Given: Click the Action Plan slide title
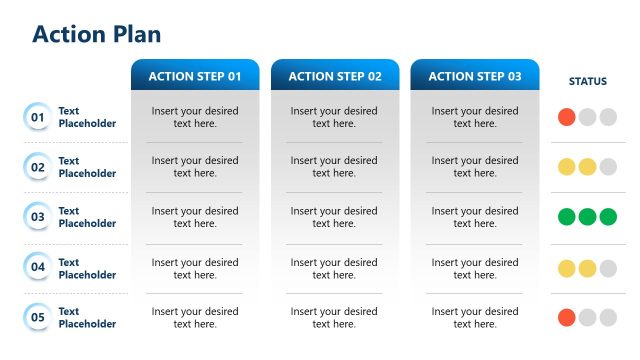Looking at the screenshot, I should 96,34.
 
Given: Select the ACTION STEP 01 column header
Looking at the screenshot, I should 195,76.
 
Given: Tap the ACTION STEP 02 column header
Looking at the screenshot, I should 335,76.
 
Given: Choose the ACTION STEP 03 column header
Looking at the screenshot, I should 475,76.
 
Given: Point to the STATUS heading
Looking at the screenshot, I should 587,81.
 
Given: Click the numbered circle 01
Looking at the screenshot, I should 38,117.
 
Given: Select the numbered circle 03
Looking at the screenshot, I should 38,217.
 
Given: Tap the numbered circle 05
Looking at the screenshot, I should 38,317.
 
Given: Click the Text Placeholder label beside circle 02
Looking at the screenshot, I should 87,167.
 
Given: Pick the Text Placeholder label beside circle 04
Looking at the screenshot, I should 87,268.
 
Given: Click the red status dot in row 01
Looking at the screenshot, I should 567,117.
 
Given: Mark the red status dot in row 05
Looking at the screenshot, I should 567,317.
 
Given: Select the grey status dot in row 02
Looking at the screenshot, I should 608,167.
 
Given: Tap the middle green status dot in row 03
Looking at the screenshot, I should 587,217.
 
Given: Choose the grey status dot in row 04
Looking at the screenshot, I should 608,268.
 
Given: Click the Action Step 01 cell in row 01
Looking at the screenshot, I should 195,117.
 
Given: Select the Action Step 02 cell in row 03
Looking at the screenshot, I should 335,217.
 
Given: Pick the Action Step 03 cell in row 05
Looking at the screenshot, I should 475,317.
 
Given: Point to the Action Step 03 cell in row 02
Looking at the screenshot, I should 475,167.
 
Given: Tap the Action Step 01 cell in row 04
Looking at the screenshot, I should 195,268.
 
